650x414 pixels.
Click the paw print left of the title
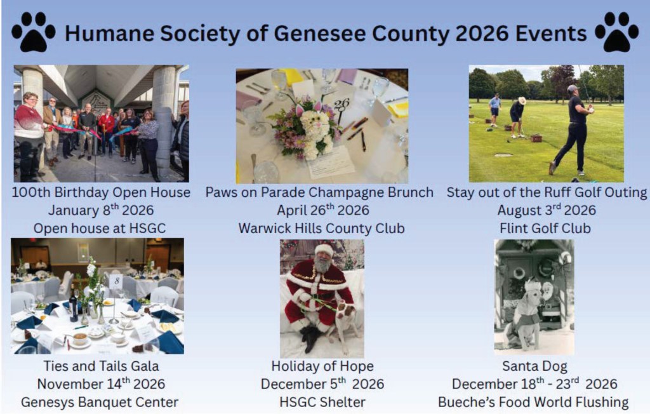pos(34,32)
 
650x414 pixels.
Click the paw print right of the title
pos(616,32)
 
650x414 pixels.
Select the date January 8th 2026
pos(101,210)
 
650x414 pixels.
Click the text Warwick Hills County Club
pos(321,228)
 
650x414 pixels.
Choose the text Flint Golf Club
pos(545,228)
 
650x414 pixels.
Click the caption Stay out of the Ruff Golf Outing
pos(547,192)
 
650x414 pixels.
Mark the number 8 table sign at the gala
pos(117,281)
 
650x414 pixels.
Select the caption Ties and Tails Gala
pos(101,366)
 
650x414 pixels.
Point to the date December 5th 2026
pos(322,384)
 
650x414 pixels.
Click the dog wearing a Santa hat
pos(522,316)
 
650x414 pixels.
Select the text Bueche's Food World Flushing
pos(533,402)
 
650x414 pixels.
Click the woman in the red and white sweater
pos(27,133)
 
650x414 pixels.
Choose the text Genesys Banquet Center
pos(100,402)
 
